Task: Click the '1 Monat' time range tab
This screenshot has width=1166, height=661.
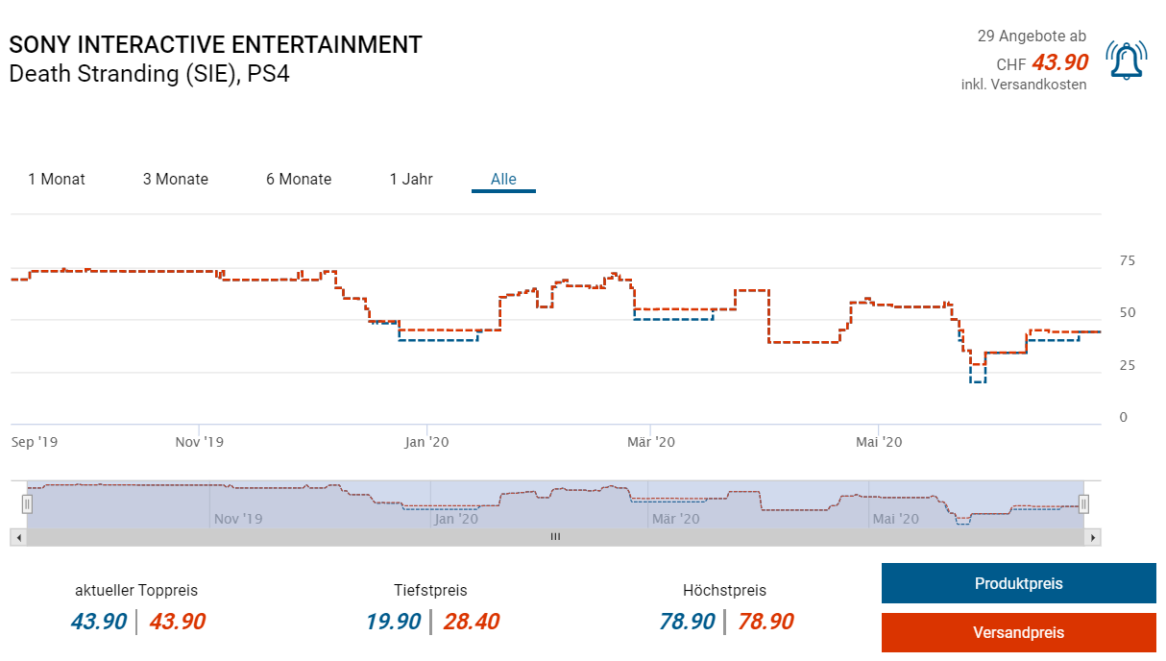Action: [x=57, y=179]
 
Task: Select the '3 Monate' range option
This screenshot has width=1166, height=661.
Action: [x=176, y=179]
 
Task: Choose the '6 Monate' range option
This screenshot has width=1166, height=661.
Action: [x=299, y=179]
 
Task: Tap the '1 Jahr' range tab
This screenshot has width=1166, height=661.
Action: [x=411, y=179]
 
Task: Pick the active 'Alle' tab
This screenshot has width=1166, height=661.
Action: [x=503, y=179]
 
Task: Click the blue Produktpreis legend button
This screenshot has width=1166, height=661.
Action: [x=1018, y=583]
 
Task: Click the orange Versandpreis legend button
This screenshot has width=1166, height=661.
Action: [x=1018, y=632]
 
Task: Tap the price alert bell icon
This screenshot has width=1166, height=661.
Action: [x=1126, y=60]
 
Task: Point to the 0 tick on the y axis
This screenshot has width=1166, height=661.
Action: [x=1123, y=418]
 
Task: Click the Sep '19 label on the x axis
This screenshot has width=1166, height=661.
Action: [x=35, y=442]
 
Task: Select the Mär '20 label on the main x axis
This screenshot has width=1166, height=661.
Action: [x=651, y=442]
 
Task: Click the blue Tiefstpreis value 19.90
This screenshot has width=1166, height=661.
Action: [x=393, y=622]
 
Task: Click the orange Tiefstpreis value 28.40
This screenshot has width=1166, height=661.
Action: [x=471, y=622]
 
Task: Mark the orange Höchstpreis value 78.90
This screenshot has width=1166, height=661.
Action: [x=765, y=622]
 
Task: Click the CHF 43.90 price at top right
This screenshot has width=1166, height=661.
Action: [x=1059, y=63]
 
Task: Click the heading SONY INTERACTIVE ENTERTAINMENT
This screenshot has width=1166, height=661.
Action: [x=215, y=45]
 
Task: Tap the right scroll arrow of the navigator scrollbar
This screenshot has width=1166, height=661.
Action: [x=1093, y=537]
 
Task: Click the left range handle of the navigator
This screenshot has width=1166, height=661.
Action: [x=27, y=503]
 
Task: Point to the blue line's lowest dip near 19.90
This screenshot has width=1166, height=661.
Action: [x=978, y=381]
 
